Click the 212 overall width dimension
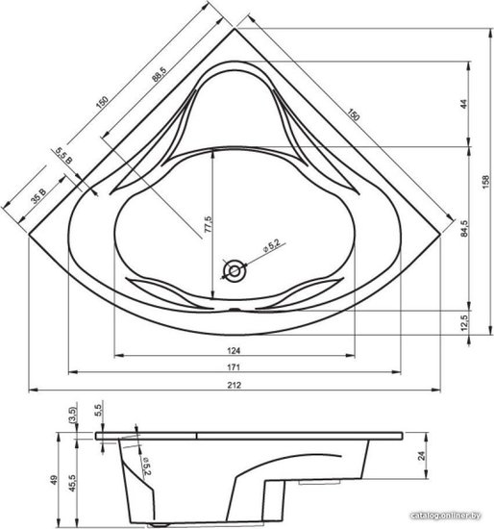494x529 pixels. pyautogui.click(x=234, y=385)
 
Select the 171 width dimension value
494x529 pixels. pyautogui.click(x=234, y=367)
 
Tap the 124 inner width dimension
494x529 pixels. pyautogui.click(x=234, y=351)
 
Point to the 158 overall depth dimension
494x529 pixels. pyautogui.click(x=486, y=182)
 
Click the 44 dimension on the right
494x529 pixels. pyautogui.click(x=464, y=104)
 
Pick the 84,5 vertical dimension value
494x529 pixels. pyautogui.click(x=464, y=228)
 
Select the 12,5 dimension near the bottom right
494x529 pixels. pyautogui.click(x=464, y=322)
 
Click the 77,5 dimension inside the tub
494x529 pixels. pyautogui.click(x=209, y=224)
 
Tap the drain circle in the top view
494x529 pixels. pyautogui.click(x=235, y=271)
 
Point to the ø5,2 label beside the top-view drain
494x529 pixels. pyautogui.click(x=271, y=245)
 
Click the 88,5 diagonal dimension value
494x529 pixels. pyautogui.click(x=159, y=75)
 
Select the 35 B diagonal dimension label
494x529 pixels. pyautogui.click(x=38, y=196)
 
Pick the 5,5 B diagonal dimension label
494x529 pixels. pyautogui.click(x=63, y=156)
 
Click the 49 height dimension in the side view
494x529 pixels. pyautogui.click(x=54, y=480)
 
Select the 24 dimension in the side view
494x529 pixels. pyautogui.click(x=421, y=456)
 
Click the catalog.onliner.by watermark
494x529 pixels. pyautogui.click(x=446, y=516)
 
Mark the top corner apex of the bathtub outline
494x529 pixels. pyautogui.click(x=235, y=29)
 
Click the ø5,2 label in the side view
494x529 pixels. pyautogui.click(x=146, y=466)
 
